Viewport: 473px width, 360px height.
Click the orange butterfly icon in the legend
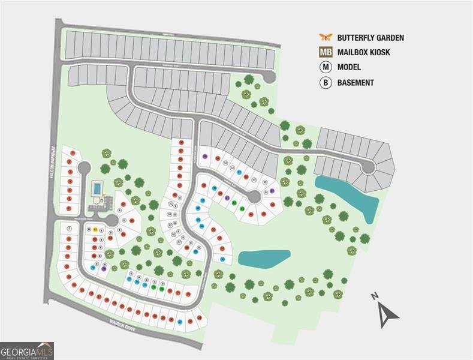tap(326, 37)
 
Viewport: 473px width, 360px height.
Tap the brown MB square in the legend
tap(326, 52)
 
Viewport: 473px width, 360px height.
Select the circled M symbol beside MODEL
tap(326, 67)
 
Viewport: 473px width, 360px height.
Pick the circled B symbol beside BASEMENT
tap(326, 83)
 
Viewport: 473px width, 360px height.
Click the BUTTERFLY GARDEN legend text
tap(370, 38)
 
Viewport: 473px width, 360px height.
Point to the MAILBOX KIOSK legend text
tap(363, 53)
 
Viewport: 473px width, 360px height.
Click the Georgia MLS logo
tap(27, 350)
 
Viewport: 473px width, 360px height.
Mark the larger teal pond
tap(351, 195)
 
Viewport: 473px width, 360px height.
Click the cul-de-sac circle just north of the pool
tap(84, 167)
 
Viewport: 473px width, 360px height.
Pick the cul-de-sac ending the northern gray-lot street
tap(269, 76)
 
